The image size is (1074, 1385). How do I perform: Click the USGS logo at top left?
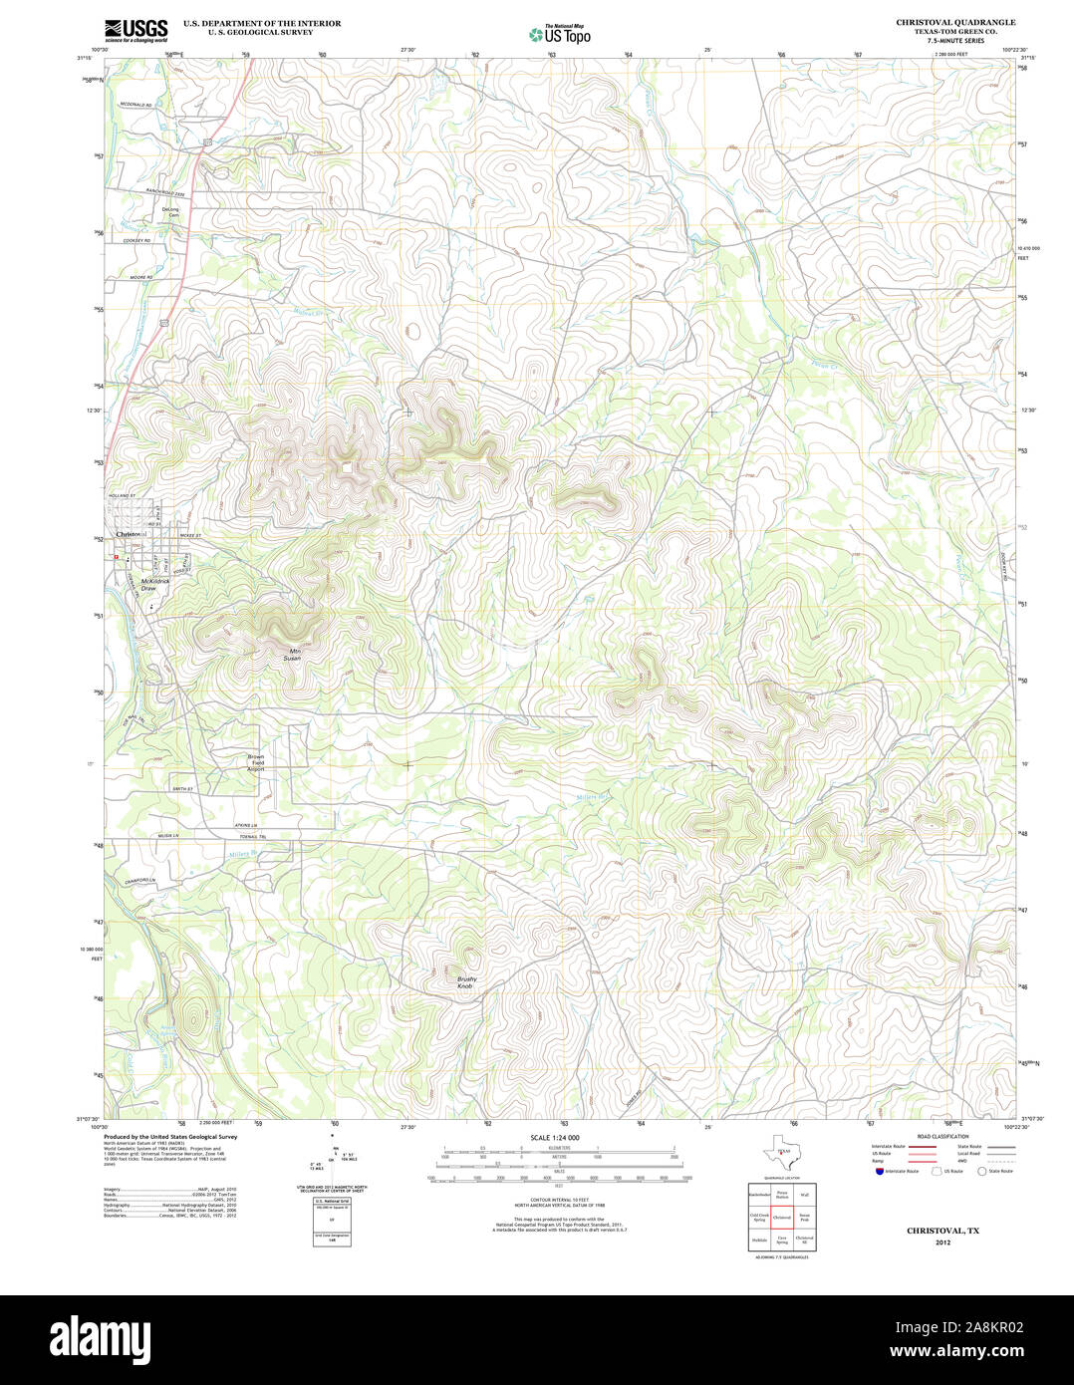tap(135, 30)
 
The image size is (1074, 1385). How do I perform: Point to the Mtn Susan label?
tap(291, 655)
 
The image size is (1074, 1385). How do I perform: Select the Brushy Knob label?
tap(466, 982)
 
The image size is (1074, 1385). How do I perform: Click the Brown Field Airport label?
tap(256, 763)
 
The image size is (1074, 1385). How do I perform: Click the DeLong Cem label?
tap(172, 212)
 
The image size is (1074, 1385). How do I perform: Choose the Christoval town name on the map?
tap(131, 535)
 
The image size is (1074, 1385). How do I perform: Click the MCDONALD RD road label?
tap(136, 105)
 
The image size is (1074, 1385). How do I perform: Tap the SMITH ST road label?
tap(181, 789)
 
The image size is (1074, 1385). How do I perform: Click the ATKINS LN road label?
tap(245, 824)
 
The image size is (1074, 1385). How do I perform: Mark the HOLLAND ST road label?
tap(122, 495)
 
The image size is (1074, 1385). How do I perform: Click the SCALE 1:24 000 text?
tap(554, 1137)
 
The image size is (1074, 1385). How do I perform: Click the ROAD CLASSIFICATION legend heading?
tap(942, 1137)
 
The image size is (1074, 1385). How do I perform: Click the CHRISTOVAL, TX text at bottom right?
tap(942, 1231)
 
